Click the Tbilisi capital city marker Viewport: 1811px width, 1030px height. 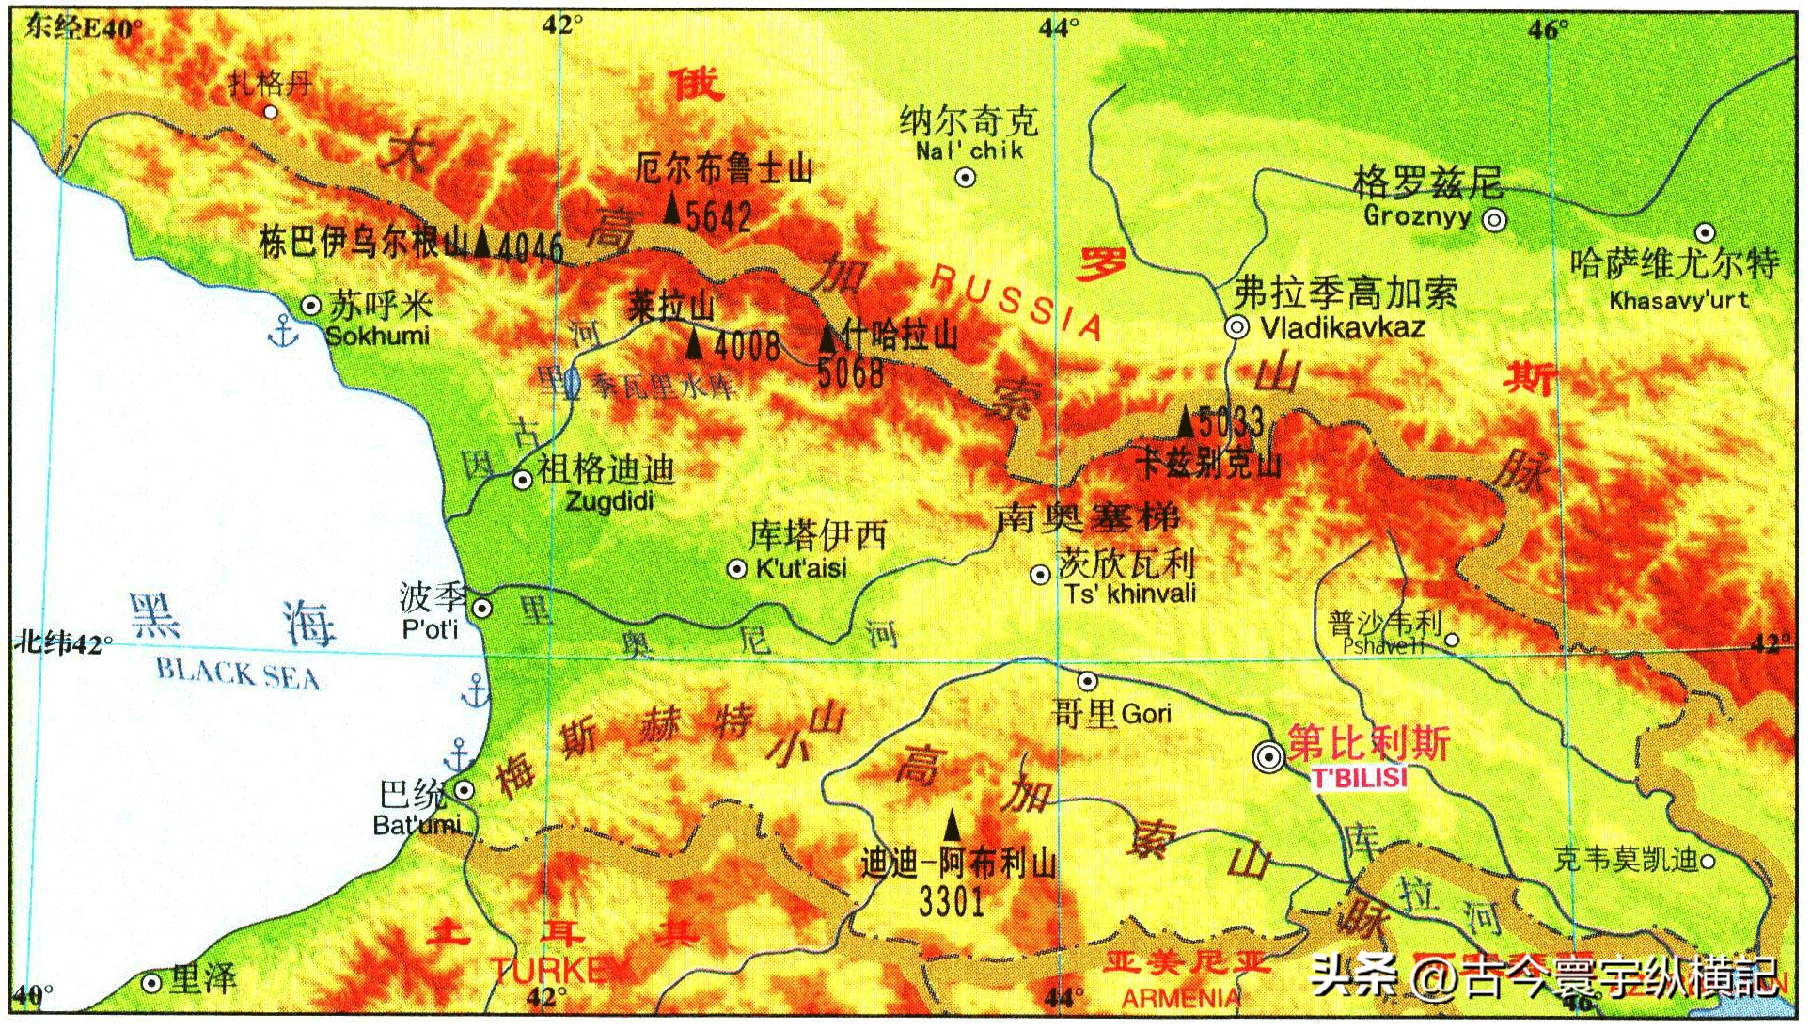[1268, 756]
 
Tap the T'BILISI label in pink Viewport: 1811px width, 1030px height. [1360, 778]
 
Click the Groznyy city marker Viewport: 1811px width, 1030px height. [1494, 220]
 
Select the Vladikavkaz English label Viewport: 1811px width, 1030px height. [1342, 327]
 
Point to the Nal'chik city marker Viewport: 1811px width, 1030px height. [965, 177]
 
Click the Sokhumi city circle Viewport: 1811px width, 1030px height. [310, 306]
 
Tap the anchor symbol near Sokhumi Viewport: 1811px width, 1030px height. [282, 332]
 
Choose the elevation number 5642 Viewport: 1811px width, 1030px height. [718, 217]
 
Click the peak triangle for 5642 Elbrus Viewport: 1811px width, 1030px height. [671, 207]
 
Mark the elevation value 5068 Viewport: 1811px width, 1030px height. [850, 373]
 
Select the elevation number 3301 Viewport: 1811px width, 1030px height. [952, 901]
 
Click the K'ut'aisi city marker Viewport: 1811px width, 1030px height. [737, 568]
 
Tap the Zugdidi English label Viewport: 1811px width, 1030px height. [609, 501]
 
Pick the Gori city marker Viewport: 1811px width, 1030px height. [1087, 680]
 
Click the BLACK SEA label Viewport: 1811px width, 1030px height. [237, 673]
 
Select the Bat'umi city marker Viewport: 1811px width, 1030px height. [464, 790]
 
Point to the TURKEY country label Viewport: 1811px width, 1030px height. [559, 970]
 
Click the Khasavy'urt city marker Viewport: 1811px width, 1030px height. [1705, 232]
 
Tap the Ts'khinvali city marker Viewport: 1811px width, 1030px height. [1040, 574]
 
